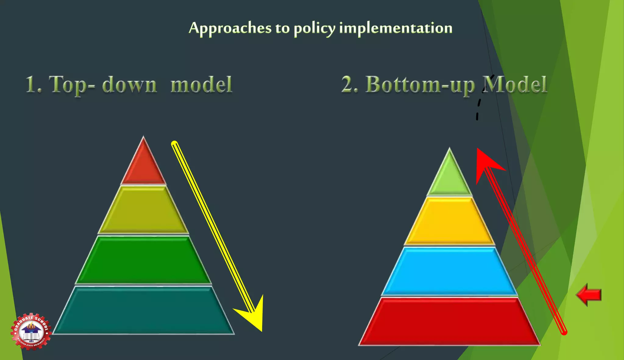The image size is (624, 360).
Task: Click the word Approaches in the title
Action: point(230,28)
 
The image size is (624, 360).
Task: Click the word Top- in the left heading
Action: point(72,85)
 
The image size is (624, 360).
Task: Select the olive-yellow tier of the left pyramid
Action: point(144,210)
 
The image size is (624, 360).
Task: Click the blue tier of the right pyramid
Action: point(449,271)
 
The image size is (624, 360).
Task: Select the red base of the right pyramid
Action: point(449,321)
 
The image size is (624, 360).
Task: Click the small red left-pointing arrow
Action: point(589,295)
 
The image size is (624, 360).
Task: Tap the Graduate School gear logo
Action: point(31,331)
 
